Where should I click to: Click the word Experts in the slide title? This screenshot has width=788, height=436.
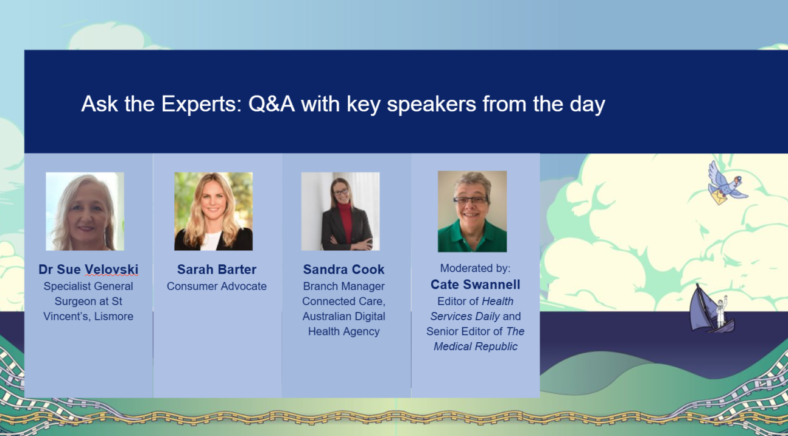tap(202, 104)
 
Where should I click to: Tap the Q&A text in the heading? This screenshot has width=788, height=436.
tap(272, 104)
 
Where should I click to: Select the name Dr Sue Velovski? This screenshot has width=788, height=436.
tap(88, 270)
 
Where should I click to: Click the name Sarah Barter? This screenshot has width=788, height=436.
tap(217, 270)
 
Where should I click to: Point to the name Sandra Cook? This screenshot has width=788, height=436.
tap(343, 270)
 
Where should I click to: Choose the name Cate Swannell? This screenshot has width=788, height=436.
tap(475, 285)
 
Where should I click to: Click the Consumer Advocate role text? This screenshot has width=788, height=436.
tap(217, 286)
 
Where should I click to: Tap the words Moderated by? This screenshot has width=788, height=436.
tap(475, 269)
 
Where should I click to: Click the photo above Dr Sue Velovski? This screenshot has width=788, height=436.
tap(85, 211)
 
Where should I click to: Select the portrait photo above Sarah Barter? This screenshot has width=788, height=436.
tap(214, 211)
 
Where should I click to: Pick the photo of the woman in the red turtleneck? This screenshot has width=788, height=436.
tap(340, 211)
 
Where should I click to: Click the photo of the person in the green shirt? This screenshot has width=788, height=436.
tap(472, 211)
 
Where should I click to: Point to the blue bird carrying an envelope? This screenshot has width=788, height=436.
tap(726, 183)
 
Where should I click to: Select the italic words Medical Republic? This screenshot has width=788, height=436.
tap(475, 347)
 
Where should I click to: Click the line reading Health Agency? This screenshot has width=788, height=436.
tap(343, 332)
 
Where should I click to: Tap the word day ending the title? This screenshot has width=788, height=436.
tap(588, 105)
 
